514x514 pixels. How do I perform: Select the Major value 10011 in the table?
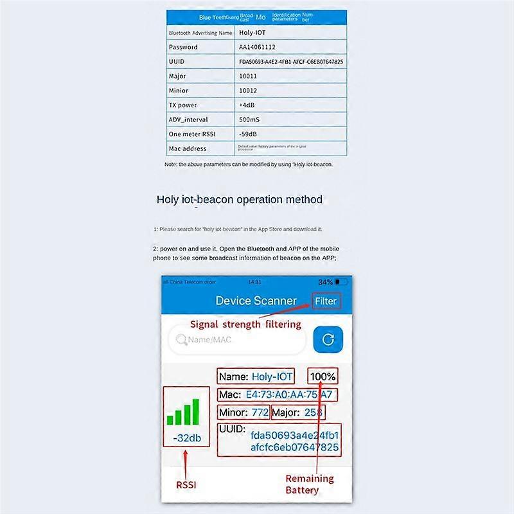pyautogui.click(x=248, y=76)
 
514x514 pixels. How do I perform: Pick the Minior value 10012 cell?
pyautogui.click(x=248, y=91)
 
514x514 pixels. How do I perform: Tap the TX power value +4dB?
pyautogui.click(x=247, y=105)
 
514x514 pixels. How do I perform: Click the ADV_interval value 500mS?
pyautogui.click(x=249, y=120)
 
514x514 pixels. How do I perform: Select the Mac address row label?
pyautogui.click(x=187, y=148)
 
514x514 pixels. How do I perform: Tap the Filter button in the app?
pyautogui.click(x=325, y=301)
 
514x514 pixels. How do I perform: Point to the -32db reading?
pyautogui.click(x=187, y=439)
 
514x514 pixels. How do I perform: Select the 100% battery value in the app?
pyautogui.click(x=323, y=377)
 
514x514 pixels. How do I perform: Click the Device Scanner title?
pyautogui.click(x=256, y=301)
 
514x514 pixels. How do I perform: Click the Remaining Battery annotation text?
pyautogui.click(x=309, y=484)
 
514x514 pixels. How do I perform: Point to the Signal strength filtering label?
pyautogui.click(x=245, y=324)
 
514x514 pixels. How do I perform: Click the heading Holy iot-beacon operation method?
pyautogui.click(x=239, y=199)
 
